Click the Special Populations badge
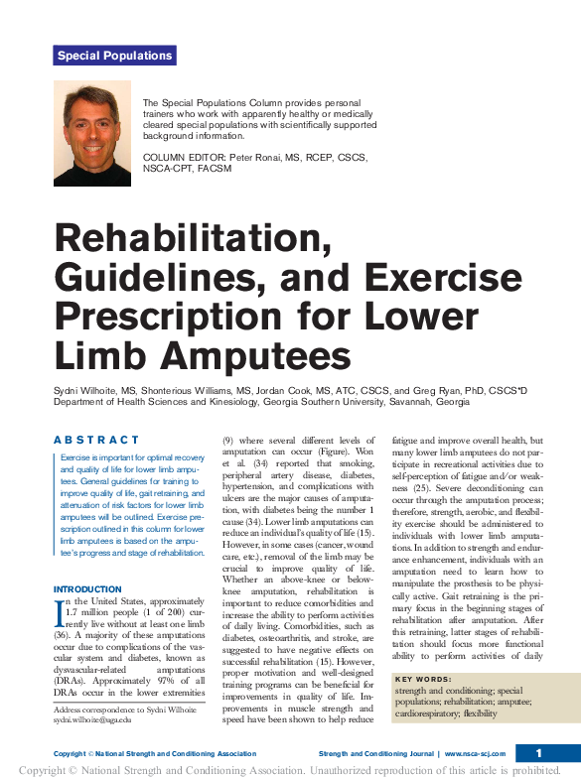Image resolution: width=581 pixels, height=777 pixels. coord(114,56)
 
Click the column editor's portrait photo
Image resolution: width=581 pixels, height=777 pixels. coord(91,128)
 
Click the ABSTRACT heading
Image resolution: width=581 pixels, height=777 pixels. coord(96,440)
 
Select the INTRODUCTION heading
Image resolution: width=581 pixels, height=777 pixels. coord(88,589)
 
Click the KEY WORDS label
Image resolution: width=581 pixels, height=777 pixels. coord(421,680)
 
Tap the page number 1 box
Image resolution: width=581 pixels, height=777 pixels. coord(537,753)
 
